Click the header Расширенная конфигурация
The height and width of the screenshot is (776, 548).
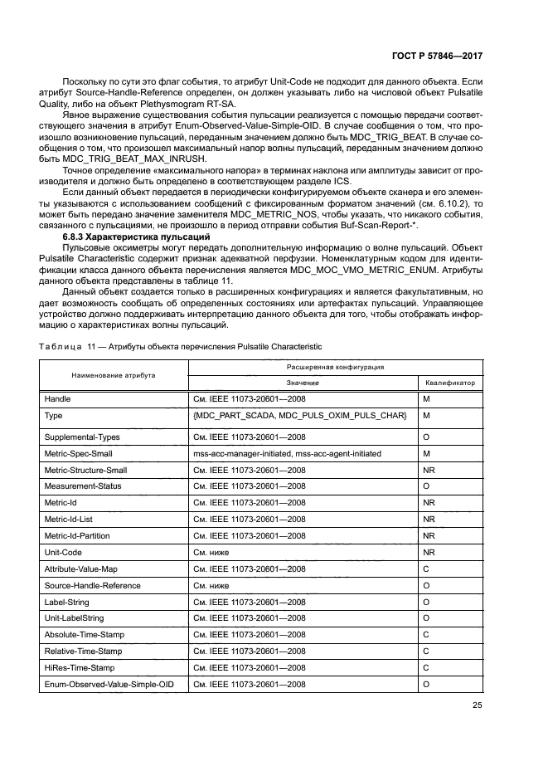(x=335, y=366)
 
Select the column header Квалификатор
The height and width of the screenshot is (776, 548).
(x=450, y=383)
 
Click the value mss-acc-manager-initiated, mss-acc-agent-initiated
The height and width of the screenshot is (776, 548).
(x=287, y=453)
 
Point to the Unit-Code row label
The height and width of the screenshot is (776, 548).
(x=63, y=551)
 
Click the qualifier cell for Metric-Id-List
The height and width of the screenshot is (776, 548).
(x=429, y=519)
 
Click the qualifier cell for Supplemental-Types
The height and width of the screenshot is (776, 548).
(x=426, y=437)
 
